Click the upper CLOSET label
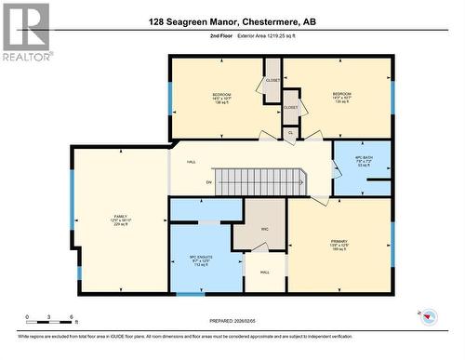pyautogui.click(x=272, y=80)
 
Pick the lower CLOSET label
pyautogui.click(x=291, y=108)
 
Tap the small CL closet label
pyautogui.click(x=290, y=132)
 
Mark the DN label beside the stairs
pyautogui.click(x=209, y=182)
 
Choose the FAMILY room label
pyautogui.click(x=108, y=218)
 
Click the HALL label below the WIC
pyautogui.click(x=264, y=273)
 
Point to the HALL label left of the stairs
pyautogui.click(x=191, y=163)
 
